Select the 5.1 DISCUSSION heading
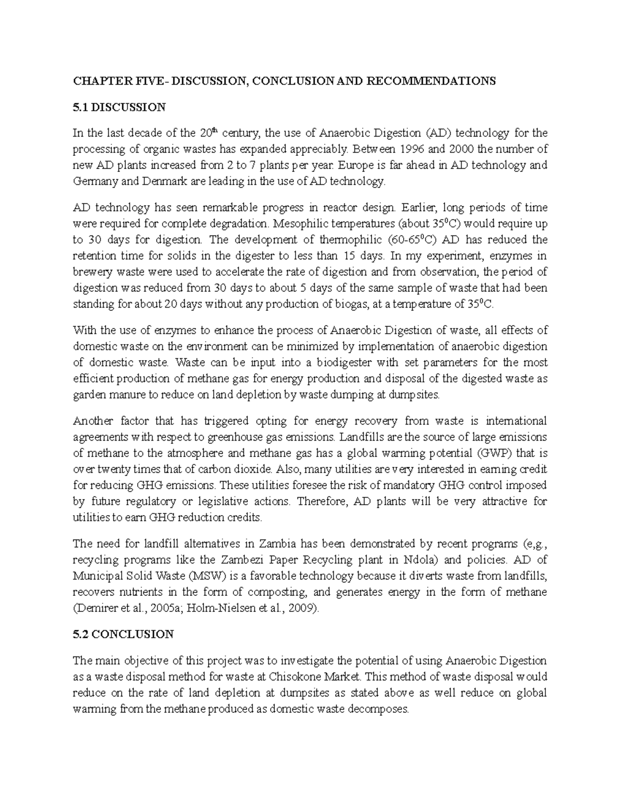120,107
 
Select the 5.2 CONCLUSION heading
124,634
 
